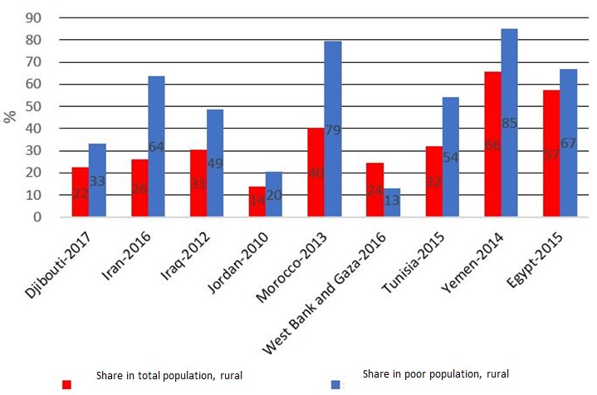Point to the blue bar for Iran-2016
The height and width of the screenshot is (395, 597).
(x=156, y=146)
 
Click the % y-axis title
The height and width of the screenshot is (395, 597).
(x=10, y=116)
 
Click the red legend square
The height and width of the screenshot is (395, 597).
(x=67, y=384)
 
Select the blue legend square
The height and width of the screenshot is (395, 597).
(x=335, y=384)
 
